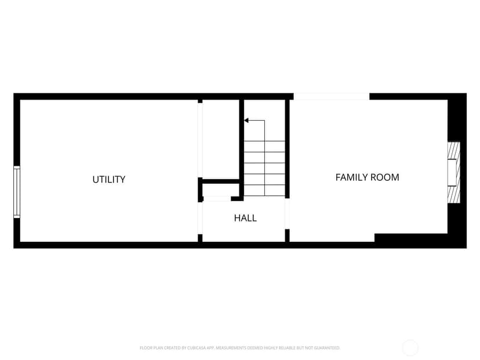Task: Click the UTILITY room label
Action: pyautogui.click(x=108, y=179)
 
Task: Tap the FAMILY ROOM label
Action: pyautogui.click(x=367, y=177)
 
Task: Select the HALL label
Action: pyautogui.click(x=245, y=218)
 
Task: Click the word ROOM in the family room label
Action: pyautogui.click(x=385, y=177)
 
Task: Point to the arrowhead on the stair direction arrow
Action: pyautogui.click(x=246, y=121)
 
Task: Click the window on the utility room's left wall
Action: pyautogui.click(x=17, y=192)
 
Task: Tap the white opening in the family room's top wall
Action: pyautogui.click(x=332, y=96)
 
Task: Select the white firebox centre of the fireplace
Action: pyautogui.click(x=452, y=173)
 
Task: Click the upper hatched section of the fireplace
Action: pyautogui.click(x=454, y=150)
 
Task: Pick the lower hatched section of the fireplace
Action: pyautogui.click(x=454, y=194)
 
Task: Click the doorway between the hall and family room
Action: pyautogui.click(x=287, y=214)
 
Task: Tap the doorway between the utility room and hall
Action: pyautogui.click(x=200, y=218)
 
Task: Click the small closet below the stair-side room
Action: pyautogui.click(x=220, y=190)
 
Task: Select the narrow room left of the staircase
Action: pyautogui.click(x=221, y=139)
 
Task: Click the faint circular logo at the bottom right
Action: pyautogui.click(x=410, y=348)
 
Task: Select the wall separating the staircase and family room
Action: pyautogui.click(x=287, y=149)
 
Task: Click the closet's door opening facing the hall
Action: pyautogui.click(x=217, y=199)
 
